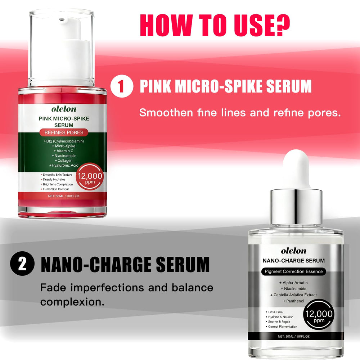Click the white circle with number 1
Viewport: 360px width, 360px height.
tap(122, 86)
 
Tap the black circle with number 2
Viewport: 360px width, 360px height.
tap(22, 264)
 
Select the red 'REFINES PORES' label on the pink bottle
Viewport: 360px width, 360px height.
tap(64, 132)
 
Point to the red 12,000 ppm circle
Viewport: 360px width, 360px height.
tap(90, 176)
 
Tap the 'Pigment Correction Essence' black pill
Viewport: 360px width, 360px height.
tap(294, 271)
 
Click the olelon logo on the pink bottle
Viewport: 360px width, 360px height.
tap(64, 109)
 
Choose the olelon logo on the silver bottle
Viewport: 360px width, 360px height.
tap(294, 251)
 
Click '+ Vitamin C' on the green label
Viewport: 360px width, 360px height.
tap(63, 151)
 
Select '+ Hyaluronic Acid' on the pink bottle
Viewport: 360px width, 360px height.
tap(64, 165)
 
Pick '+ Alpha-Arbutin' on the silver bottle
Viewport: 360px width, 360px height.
tap(293, 283)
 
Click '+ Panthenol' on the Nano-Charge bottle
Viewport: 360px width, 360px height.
tap(293, 301)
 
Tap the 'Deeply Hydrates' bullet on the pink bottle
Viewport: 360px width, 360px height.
tap(53, 180)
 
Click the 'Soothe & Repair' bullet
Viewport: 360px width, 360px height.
tap(278, 321)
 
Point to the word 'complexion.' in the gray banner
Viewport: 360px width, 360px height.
tap(72, 302)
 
